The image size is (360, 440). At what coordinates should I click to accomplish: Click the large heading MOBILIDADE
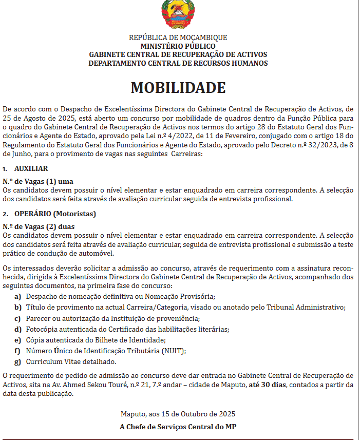[178, 87]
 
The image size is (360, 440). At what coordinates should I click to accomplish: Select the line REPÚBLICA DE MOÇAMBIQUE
[178, 37]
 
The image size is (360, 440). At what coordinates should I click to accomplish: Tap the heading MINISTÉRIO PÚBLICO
[178, 46]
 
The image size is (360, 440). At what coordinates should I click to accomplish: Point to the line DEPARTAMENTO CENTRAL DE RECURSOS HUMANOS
[178, 63]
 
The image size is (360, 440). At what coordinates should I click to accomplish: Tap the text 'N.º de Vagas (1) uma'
[37, 181]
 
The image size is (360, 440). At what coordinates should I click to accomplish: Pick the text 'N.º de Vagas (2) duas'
[39, 226]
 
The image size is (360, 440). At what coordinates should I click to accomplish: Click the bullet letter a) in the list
[17, 297]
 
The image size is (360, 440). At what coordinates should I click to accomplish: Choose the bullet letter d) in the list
[17, 329]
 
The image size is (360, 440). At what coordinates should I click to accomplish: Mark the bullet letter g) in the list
[17, 362]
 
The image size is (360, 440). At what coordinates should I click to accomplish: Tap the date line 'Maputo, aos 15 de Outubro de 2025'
[178, 414]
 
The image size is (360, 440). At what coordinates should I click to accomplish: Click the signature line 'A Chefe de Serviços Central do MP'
[178, 427]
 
